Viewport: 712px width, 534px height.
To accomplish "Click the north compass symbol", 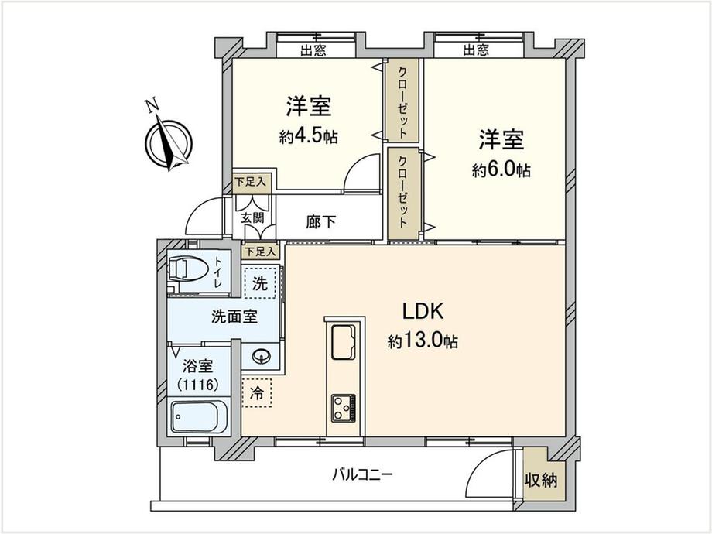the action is [x=168, y=141].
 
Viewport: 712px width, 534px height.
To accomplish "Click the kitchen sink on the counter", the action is [x=345, y=341].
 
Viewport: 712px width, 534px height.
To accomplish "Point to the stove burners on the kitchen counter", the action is [x=344, y=408].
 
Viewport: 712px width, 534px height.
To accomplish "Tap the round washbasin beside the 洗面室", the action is [x=261, y=355].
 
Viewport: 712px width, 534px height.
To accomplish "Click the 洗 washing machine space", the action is [x=260, y=283].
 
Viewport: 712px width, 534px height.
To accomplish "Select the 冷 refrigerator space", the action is [x=257, y=393].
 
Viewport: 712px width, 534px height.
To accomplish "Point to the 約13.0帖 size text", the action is [x=423, y=341].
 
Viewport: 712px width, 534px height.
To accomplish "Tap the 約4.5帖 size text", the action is [x=309, y=135].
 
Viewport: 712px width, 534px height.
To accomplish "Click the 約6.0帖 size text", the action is [x=501, y=169].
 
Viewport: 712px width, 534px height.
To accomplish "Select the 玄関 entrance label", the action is [x=252, y=217].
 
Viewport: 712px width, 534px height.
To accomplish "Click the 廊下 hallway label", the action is [x=321, y=221].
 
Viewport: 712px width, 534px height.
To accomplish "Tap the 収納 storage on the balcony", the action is [x=541, y=480].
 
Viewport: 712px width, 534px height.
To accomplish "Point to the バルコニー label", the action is [x=362, y=475].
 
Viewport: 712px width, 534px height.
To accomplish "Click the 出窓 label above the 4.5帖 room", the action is [x=313, y=50].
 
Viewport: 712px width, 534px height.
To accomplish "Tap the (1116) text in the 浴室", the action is [x=198, y=385].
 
